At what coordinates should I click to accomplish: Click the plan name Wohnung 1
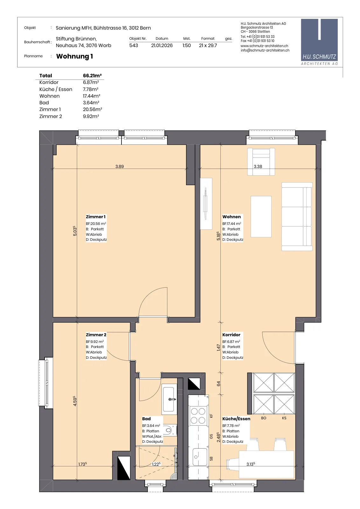coord(74,56)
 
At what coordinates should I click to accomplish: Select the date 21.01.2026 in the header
coord(162,45)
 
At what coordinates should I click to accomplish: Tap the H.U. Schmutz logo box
coord(319,42)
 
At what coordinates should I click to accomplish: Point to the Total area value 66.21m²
coord(92,75)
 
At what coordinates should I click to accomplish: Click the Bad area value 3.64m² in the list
coord(91,103)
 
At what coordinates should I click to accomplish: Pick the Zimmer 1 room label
coord(96,217)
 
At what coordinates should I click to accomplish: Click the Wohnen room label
coord(232,217)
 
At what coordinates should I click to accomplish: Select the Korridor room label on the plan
coord(231,335)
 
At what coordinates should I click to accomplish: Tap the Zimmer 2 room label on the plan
coord(96,335)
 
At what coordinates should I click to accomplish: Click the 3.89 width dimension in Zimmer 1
coord(120,167)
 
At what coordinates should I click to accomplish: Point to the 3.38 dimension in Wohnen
coord(258,167)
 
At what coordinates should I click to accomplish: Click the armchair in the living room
coord(261,162)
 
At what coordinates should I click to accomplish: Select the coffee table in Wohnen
coord(261,217)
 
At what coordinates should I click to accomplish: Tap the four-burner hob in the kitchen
coord(198,416)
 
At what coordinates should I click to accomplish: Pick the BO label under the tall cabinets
coord(263,418)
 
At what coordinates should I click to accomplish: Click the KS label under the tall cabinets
coord(284,418)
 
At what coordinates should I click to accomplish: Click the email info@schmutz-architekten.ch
coord(265,51)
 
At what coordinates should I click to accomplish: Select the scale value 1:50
coord(186,45)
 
